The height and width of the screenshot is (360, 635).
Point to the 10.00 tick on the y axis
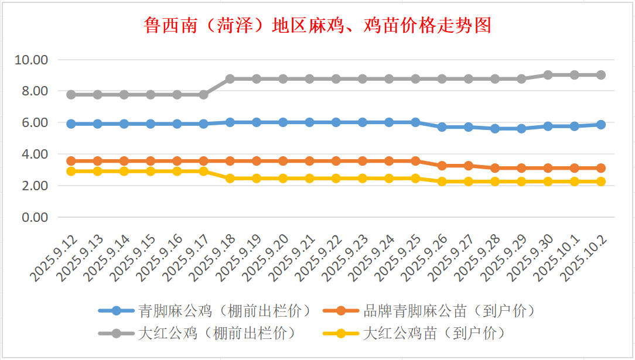coord(32,60)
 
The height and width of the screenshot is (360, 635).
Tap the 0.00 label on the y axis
coord(35,217)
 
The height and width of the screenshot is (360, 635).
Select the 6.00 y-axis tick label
coord(35,123)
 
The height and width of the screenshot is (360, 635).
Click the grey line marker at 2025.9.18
coord(230,79)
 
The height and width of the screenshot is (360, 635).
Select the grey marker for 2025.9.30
coord(548,75)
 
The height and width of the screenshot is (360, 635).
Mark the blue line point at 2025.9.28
coord(495,129)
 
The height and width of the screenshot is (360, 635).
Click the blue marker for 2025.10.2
coord(600,125)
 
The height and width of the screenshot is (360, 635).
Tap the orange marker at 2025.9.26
coord(442,166)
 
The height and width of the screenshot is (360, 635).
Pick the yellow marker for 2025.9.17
coord(203,172)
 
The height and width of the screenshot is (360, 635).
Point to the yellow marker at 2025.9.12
coord(71,172)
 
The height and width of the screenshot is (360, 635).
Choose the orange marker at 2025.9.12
coord(71,161)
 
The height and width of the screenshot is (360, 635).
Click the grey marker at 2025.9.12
coord(71,94)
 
